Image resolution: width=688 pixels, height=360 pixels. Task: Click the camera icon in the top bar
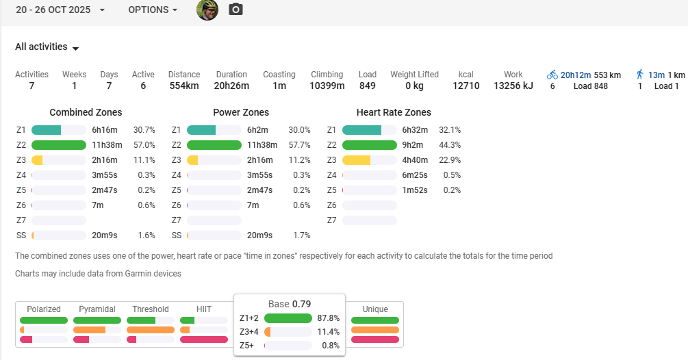(x=235, y=10)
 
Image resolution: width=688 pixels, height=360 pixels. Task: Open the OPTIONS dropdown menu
(x=153, y=10)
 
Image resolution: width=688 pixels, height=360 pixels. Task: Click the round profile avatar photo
(x=207, y=10)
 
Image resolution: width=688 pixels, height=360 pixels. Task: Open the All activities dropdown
(x=47, y=47)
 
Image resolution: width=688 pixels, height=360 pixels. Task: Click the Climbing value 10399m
(x=327, y=86)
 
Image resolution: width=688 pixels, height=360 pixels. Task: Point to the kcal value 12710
(x=466, y=86)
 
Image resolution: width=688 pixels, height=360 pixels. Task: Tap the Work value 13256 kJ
(x=513, y=86)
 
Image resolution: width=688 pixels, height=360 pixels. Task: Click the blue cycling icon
(x=552, y=75)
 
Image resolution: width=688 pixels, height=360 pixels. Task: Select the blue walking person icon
(x=640, y=75)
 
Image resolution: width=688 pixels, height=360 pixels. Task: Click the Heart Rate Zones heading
(x=394, y=112)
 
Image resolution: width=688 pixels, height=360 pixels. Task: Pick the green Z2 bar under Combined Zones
(x=59, y=145)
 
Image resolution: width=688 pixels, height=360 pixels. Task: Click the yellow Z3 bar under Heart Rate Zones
(x=356, y=160)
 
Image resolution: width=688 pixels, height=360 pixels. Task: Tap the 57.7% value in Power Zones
(x=300, y=145)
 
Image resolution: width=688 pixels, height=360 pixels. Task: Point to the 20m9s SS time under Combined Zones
(x=105, y=235)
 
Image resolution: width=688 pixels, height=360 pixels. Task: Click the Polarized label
(x=44, y=309)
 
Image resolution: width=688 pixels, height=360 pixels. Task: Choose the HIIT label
(x=203, y=309)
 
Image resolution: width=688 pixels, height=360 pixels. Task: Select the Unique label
(x=375, y=309)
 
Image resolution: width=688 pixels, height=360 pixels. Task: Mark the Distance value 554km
(x=184, y=86)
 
